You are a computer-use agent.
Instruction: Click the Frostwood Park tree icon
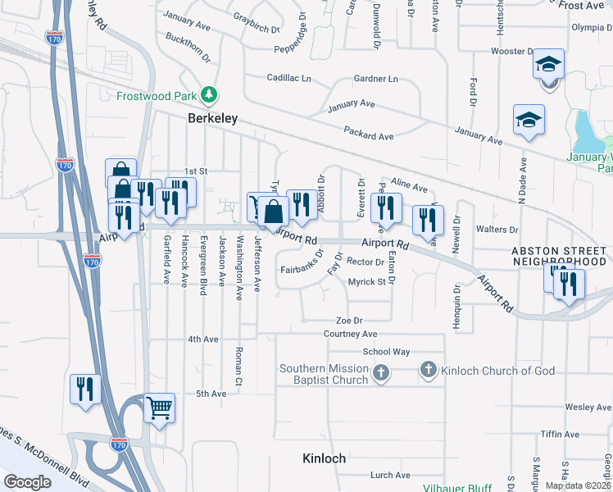[x=210, y=95]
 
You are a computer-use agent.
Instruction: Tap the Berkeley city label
[x=212, y=118]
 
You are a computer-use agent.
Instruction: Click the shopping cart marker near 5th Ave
[x=159, y=408]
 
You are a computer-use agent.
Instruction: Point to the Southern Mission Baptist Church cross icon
[x=379, y=374]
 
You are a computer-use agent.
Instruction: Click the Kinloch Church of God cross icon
[x=428, y=371]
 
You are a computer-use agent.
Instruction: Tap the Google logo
[x=27, y=482]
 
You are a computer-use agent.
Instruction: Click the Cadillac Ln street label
[x=289, y=79]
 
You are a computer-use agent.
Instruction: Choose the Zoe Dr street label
[x=348, y=320]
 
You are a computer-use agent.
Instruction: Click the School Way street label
[x=386, y=351]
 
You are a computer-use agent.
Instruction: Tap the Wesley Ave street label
[x=588, y=407]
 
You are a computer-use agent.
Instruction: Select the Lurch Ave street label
[x=389, y=475]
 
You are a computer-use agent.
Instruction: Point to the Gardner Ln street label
[x=375, y=79]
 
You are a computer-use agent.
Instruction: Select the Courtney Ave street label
[x=350, y=334]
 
